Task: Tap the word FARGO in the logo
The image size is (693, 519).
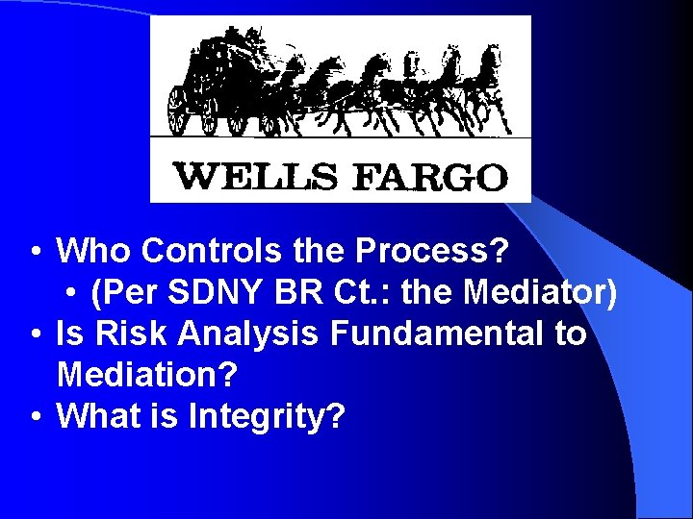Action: pyautogui.click(x=431, y=177)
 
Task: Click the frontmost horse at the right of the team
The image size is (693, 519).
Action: pyautogui.click(x=485, y=86)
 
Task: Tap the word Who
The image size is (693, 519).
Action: pyautogui.click(x=94, y=252)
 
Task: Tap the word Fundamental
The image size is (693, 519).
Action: pyautogui.click(x=436, y=334)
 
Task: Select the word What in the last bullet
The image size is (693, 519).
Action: pyautogui.click(x=100, y=417)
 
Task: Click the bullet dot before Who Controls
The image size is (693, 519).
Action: pyautogui.click(x=34, y=253)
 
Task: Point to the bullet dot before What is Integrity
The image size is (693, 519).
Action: pyautogui.click(x=34, y=418)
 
